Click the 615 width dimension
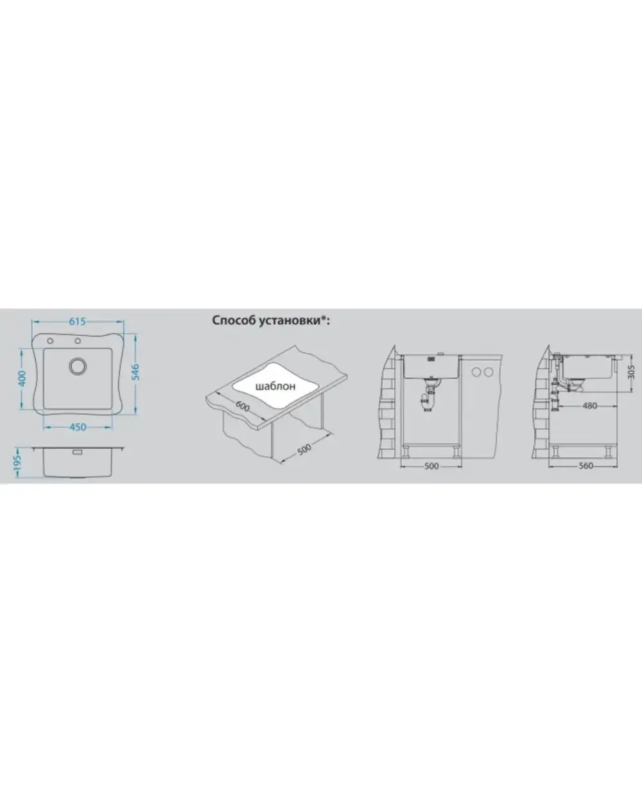pos(78,321)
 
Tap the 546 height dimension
pos(135,372)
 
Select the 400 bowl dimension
pos(22,378)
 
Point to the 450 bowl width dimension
pos(78,427)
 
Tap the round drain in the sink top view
pos(78,366)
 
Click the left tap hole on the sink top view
pos(50,341)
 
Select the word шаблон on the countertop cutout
pos(275,386)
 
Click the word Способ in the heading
pos(233,320)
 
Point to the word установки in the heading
pos(290,320)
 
